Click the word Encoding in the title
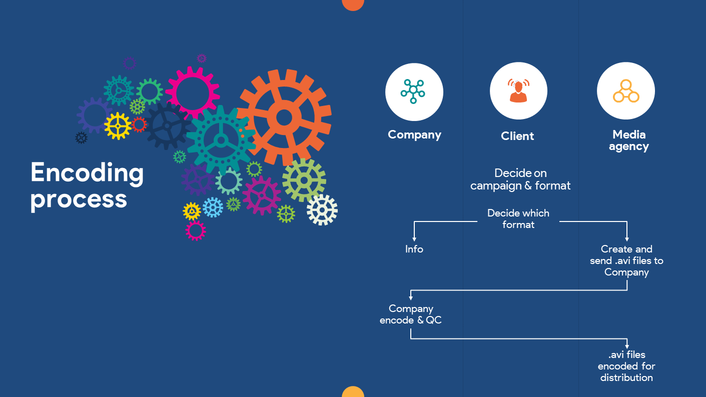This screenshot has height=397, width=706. point(87,173)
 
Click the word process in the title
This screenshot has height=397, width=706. point(79,199)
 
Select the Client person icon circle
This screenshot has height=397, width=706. point(518,91)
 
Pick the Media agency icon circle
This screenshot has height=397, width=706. point(625,91)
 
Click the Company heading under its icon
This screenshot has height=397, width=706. point(414,134)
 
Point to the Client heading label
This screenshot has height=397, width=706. point(517,136)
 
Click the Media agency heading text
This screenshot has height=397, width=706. point(628,140)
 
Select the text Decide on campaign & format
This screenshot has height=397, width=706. point(520,179)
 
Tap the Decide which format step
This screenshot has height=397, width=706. point(518,218)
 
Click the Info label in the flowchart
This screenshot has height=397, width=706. point(414,249)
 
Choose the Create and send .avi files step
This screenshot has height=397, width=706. point(626,260)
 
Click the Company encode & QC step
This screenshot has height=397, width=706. point(411,314)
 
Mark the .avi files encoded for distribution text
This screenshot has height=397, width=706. point(626,366)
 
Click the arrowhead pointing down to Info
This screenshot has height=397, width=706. point(414,239)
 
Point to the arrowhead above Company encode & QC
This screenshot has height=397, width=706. point(411,298)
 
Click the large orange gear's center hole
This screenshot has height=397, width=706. point(284,118)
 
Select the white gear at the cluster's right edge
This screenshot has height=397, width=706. point(322,210)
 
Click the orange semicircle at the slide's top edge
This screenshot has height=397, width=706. point(353,4)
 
